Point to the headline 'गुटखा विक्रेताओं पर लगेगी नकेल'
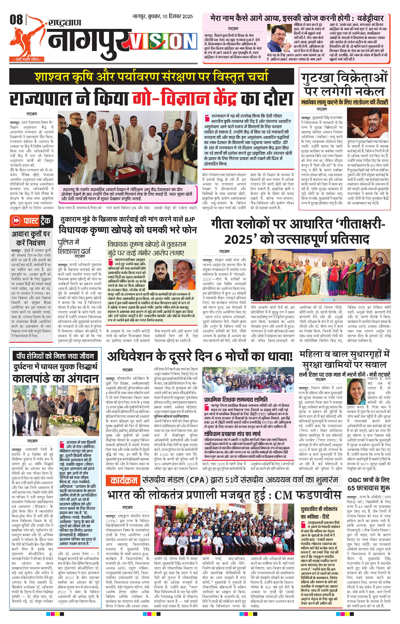pos(344,84)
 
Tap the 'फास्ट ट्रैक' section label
pos(31,221)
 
